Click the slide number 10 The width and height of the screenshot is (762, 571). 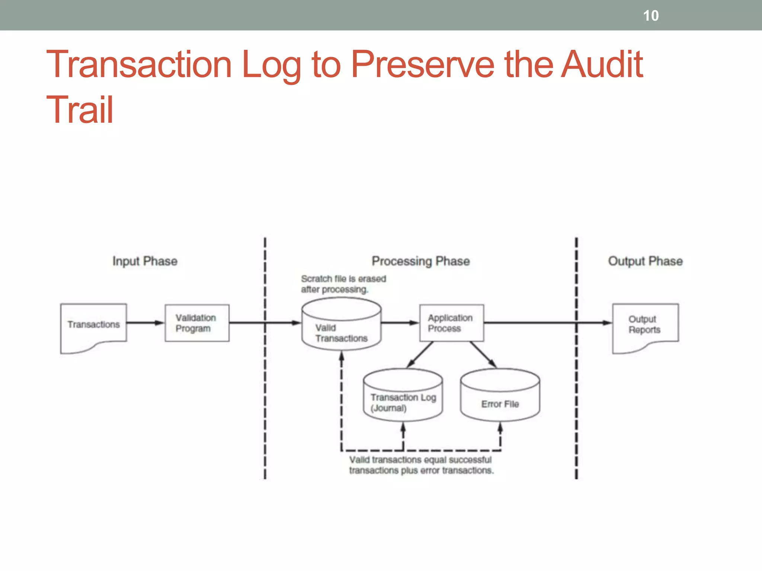click(651, 16)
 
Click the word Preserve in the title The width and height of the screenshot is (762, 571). click(423, 65)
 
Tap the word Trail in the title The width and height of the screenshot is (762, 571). click(80, 110)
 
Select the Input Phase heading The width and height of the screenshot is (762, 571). click(145, 261)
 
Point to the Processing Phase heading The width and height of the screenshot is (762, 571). click(420, 261)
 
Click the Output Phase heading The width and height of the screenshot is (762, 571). click(645, 261)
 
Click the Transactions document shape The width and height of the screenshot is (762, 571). click(93, 325)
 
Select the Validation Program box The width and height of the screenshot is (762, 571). click(197, 323)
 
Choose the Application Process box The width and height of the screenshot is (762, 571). click(451, 323)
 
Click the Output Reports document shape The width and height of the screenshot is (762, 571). click(645, 325)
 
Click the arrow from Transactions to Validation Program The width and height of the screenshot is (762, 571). click(145, 323)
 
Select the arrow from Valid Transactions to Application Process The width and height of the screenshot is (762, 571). click(400, 323)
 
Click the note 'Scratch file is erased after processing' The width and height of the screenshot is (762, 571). click(343, 284)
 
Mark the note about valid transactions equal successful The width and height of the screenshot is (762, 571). click(421, 465)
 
